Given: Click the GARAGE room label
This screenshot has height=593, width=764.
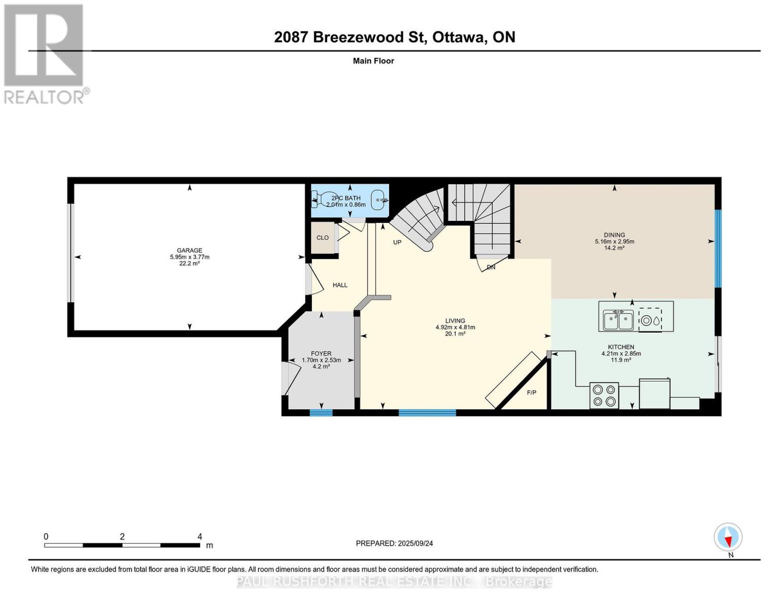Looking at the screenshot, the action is tap(189, 250).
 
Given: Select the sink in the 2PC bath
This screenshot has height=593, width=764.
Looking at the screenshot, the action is tap(379, 200).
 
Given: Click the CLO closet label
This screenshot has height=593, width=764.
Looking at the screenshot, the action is tap(322, 238).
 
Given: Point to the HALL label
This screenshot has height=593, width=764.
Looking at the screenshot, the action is tap(340, 285).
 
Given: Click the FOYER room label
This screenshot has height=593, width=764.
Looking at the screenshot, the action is tap(321, 354).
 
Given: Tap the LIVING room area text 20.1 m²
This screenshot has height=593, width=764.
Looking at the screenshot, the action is tap(455, 333).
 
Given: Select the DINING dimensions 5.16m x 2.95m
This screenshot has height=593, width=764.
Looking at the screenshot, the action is tap(614, 241).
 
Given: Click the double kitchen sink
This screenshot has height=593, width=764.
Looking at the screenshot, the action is tap(618, 320).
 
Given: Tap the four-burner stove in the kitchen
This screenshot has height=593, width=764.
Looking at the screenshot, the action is tap(604, 395).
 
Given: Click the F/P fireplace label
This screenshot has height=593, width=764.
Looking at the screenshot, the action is tap(531, 393).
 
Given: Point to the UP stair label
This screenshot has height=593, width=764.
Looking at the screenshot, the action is tap(397, 242).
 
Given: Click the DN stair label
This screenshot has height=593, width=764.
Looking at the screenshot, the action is tap(491, 267).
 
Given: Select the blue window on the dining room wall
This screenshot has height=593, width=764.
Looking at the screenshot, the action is tap(718, 249).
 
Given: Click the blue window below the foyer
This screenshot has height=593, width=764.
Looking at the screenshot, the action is tap(321, 413).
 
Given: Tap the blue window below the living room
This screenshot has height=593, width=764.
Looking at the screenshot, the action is tap(427, 413).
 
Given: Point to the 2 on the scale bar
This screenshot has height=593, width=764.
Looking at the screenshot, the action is tap(122, 537).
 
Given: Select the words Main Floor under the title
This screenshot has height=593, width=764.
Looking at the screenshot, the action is tap(373, 61).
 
